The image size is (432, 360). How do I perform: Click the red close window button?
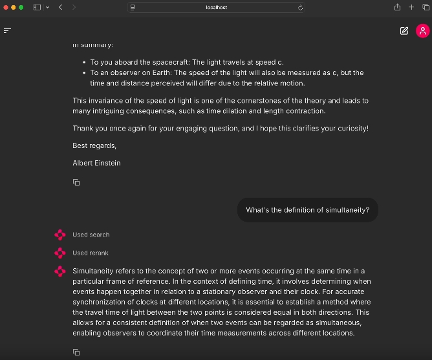pyautogui.click(x=6, y=7)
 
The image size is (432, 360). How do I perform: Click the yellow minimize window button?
pyautogui.click(x=14, y=7)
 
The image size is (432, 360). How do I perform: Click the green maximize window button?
pyautogui.click(x=21, y=7)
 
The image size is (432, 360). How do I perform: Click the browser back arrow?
pyautogui.click(x=60, y=7)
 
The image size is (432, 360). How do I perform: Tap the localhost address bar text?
pyautogui.click(x=217, y=8)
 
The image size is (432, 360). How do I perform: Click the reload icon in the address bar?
pyautogui.click(x=300, y=8)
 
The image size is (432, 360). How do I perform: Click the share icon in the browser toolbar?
pyautogui.click(x=396, y=7)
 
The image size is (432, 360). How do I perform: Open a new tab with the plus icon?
pyautogui.click(x=411, y=7)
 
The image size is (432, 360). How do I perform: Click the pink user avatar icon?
pyautogui.click(x=422, y=30)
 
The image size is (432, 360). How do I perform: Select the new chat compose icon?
pyautogui.click(x=404, y=30)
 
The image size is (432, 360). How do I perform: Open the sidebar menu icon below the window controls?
pyautogui.click(x=8, y=30)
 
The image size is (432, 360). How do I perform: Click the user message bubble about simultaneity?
pyautogui.click(x=307, y=210)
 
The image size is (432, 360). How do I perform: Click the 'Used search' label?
pyautogui.click(x=91, y=235)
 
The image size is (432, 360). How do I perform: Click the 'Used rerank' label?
pyautogui.click(x=91, y=253)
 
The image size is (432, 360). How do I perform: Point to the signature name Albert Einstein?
pyautogui.click(x=96, y=163)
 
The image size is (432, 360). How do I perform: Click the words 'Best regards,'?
pyautogui.click(x=94, y=145)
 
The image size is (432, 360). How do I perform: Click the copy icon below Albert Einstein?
pyautogui.click(x=76, y=182)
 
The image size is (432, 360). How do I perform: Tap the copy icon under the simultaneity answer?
pyautogui.click(x=76, y=352)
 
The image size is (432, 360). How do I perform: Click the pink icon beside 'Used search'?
pyautogui.click(x=60, y=235)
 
